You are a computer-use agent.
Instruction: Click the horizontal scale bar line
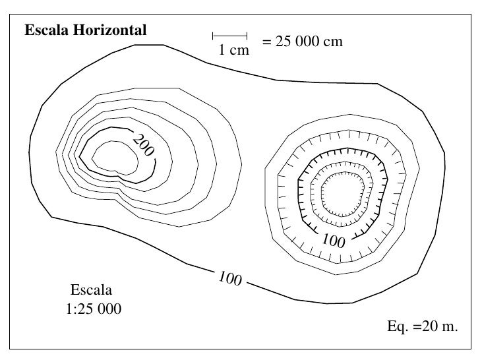(x=229, y=35)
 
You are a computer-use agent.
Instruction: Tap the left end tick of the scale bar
(x=213, y=35)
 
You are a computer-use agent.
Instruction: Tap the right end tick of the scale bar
(x=247, y=35)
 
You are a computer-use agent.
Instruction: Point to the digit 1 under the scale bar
(x=222, y=50)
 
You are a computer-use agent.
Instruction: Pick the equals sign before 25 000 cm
(x=266, y=42)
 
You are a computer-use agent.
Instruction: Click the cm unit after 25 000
(x=334, y=42)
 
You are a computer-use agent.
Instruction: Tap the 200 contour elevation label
(x=143, y=146)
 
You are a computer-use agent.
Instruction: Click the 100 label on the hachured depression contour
(x=334, y=243)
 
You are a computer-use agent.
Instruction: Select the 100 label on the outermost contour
(x=229, y=280)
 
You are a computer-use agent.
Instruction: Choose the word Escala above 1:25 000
(x=92, y=289)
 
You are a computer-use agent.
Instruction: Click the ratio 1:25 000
(x=94, y=308)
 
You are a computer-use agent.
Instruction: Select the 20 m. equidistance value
(x=437, y=327)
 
